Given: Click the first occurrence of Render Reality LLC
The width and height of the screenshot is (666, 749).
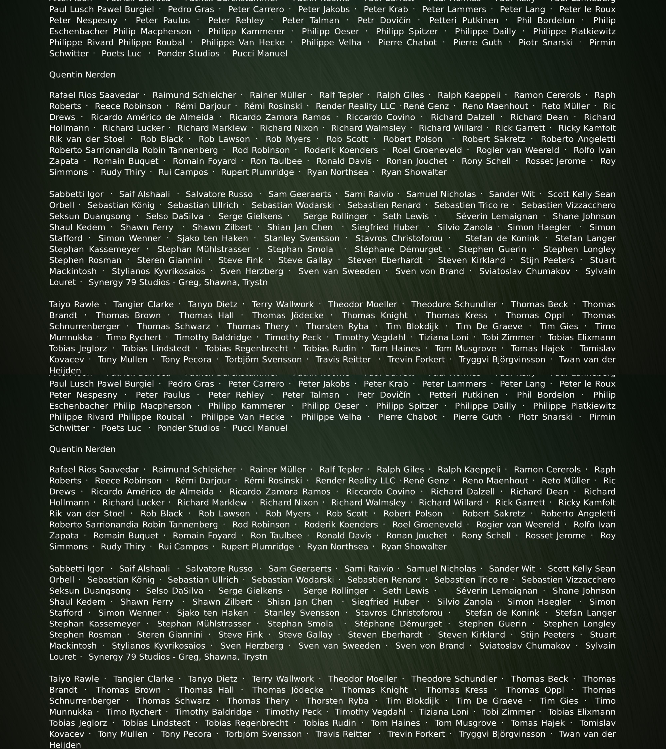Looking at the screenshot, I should tap(355, 106).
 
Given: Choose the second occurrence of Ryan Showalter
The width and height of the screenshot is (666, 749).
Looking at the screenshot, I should tap(414, 547).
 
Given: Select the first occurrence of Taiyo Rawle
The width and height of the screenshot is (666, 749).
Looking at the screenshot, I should tap(74, 305).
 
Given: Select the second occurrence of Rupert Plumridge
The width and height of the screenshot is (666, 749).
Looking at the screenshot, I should tap(257, 547).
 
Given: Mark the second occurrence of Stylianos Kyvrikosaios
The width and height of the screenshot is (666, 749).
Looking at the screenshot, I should tap(158, 646).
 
